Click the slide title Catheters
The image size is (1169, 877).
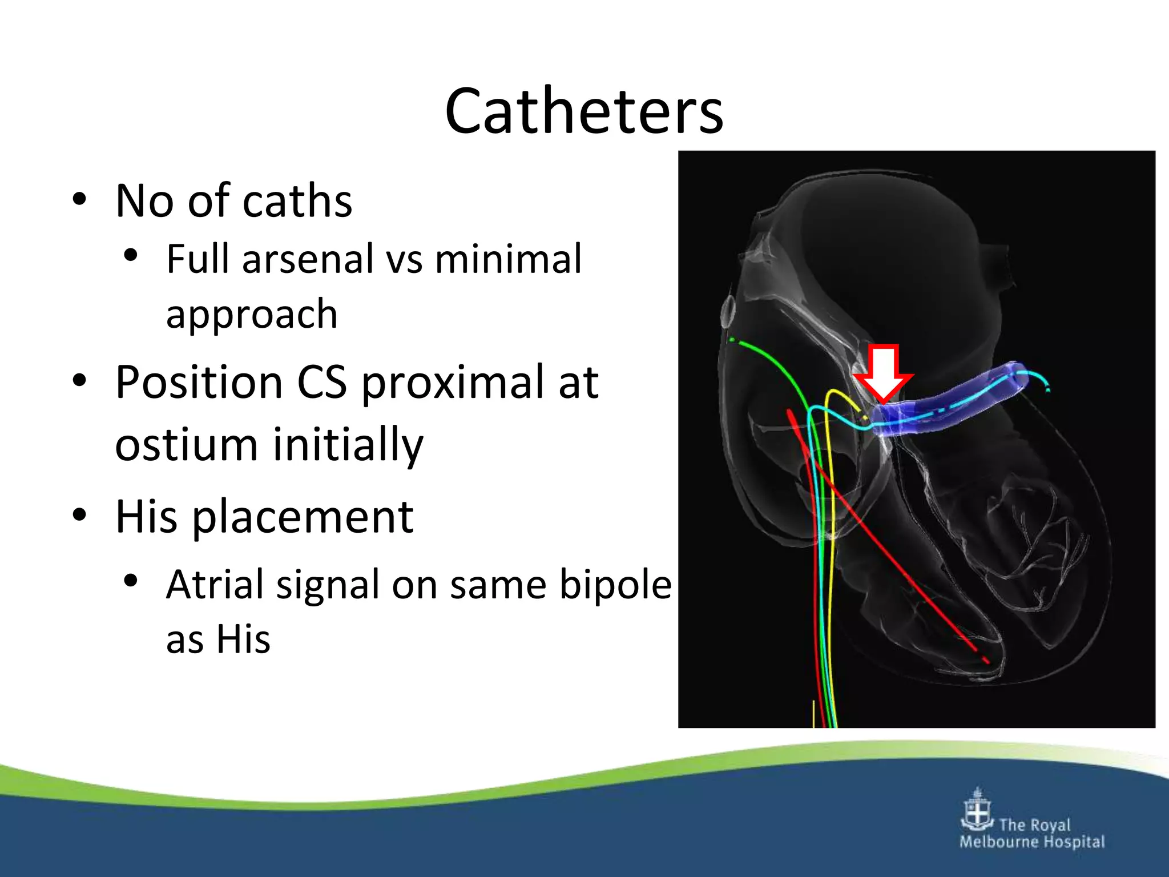coord(583,111)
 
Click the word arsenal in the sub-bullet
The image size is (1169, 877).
coord(308,260)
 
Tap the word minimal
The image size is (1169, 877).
coord(508,260)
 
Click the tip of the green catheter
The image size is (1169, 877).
coord(732,340)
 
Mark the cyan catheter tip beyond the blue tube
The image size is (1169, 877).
coord(1047,389)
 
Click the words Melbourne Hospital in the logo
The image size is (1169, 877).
coord(1032,842)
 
